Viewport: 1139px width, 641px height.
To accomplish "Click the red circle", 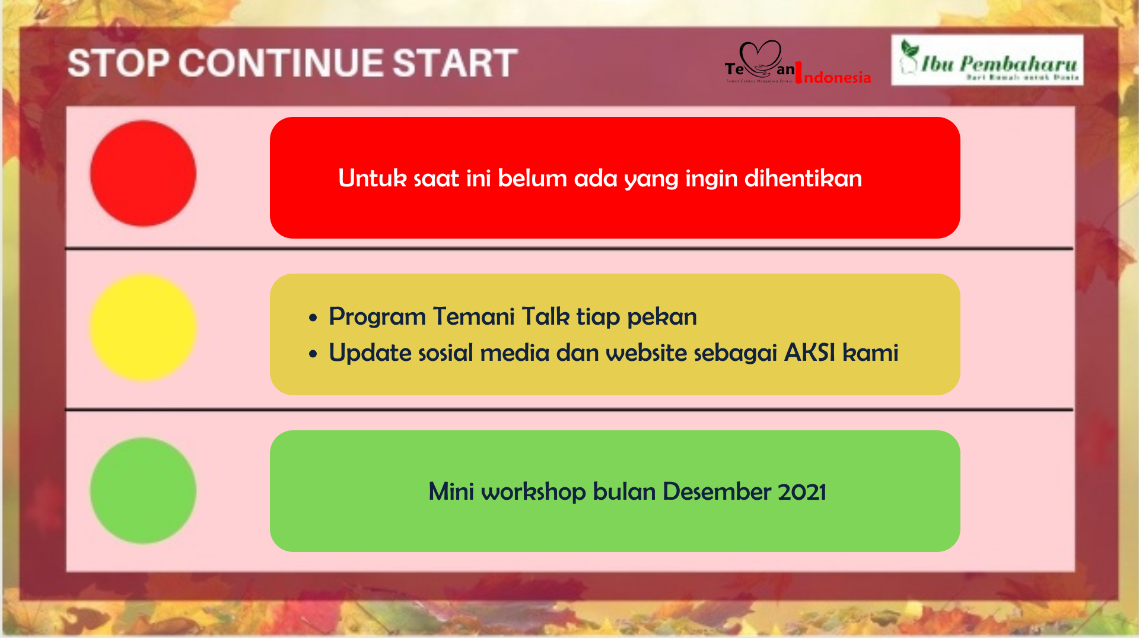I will pos(143,173).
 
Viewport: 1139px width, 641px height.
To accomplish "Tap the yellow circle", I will pos(143,327).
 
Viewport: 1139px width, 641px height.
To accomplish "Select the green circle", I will pos(143,490).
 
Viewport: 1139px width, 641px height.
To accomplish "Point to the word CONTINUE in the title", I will pos(282,63).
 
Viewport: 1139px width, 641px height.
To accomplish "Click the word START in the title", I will pos(455,63).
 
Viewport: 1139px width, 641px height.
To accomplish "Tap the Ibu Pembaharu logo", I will pos(987,60).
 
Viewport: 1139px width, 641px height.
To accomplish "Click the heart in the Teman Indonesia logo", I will pos(761,57).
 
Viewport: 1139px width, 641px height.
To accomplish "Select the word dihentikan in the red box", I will pos(803,178).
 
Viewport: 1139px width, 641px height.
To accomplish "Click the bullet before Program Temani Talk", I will pos(313,318).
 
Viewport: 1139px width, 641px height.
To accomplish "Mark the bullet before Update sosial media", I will pos(313,354).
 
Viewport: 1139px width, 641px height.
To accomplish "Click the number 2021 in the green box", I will pos(801,491).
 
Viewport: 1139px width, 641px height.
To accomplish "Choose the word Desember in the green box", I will pos(716,491).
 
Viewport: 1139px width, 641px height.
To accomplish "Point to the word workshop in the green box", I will pos(533,492).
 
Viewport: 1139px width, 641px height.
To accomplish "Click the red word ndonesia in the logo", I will pos(837,77).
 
